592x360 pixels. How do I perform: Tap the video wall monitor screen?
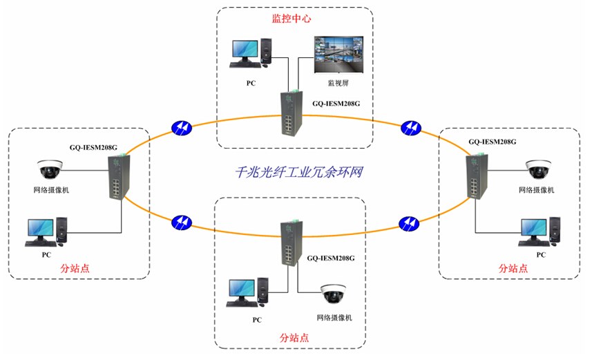click(337, 53)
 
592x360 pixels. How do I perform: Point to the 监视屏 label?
click(338, 83)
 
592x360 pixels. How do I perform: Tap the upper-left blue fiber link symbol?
click(182, 128)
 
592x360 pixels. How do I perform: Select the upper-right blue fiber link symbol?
click(410, 128)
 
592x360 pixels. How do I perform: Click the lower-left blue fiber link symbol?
click(182, 222)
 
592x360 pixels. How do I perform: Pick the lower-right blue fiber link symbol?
click(410, 223)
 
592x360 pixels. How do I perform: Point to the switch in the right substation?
click(475, 176)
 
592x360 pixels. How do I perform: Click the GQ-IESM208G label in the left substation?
click(94, 147)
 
